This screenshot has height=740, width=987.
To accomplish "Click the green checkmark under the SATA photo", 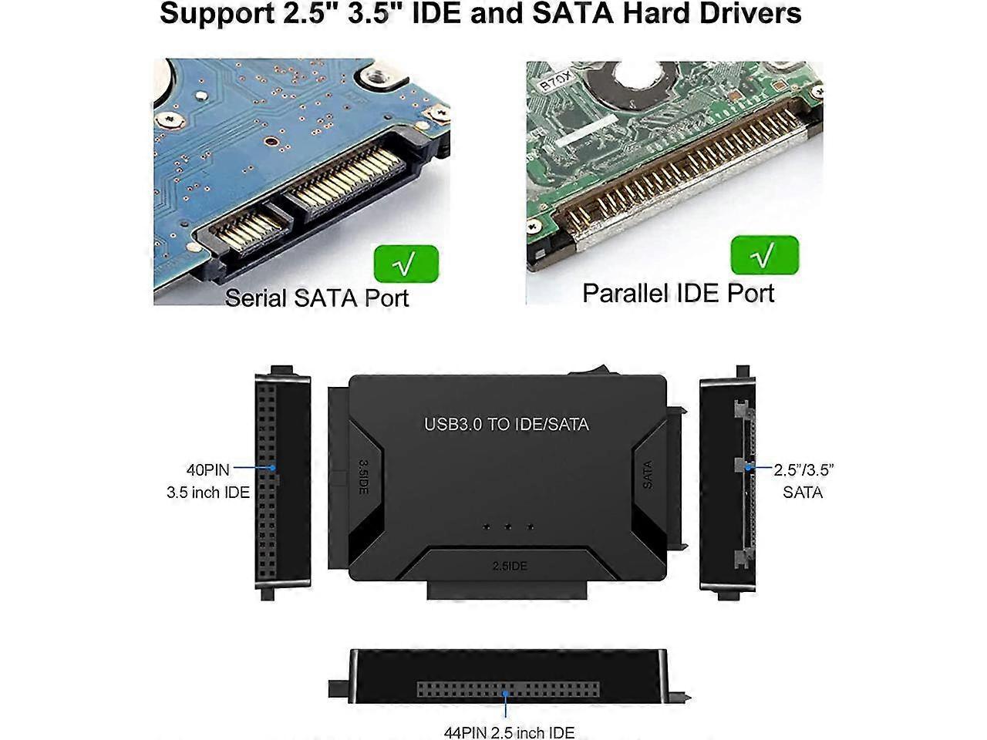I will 406,264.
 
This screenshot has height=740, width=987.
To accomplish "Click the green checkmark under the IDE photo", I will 764,254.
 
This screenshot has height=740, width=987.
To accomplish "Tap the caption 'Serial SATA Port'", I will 316,298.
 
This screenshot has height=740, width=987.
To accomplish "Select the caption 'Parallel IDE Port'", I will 678,293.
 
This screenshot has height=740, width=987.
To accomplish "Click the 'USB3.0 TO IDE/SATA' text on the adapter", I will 506,424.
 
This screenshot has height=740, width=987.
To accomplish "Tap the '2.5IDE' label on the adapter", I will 510,566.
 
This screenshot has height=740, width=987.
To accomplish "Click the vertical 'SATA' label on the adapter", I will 648,475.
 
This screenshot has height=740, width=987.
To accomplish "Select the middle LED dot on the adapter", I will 508,527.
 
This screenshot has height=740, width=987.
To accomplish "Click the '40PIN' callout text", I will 207,469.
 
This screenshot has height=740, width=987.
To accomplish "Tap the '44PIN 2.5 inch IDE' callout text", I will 509,732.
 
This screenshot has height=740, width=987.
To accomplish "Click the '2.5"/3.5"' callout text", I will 803,469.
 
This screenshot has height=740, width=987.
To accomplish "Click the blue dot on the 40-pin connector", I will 271,468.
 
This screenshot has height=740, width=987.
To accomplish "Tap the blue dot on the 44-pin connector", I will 506,693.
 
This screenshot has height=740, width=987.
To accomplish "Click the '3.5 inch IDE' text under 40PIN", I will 208,492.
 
